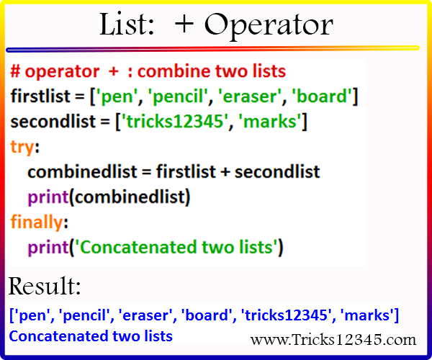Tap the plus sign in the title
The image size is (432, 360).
tap(184, 24)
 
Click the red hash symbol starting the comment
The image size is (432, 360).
tap(15, 71)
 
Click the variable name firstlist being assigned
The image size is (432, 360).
tap(40, 96)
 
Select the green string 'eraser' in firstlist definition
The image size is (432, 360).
tap(250, 96)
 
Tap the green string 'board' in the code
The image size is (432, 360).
tap(322, 96)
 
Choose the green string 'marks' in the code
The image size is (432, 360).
tap(271, 122)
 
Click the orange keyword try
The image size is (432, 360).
tap(22, 147)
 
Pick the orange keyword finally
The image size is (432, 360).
tap(37, 222)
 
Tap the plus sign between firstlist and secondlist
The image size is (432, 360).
tap(225, 172)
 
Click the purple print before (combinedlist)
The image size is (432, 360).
tap(48, 197)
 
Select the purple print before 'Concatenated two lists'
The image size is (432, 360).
tap(48, 248)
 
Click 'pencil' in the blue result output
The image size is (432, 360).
tap(84, 315)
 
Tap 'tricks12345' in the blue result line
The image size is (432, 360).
tap(286, 315)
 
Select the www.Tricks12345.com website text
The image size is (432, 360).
tap(333, 339)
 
